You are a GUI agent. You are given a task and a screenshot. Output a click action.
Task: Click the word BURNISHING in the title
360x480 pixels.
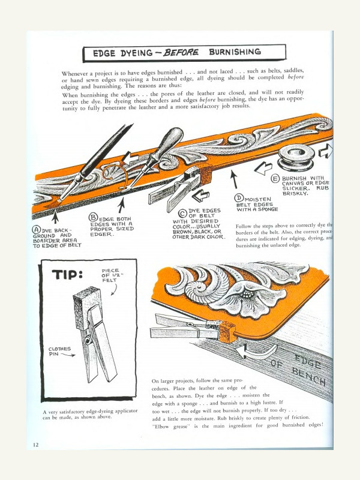[x=235, y=52]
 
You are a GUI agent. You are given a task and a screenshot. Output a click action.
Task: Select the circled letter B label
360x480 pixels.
[x=93, y=217]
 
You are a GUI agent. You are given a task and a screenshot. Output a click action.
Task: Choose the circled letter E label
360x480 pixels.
[x=275, y=179]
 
